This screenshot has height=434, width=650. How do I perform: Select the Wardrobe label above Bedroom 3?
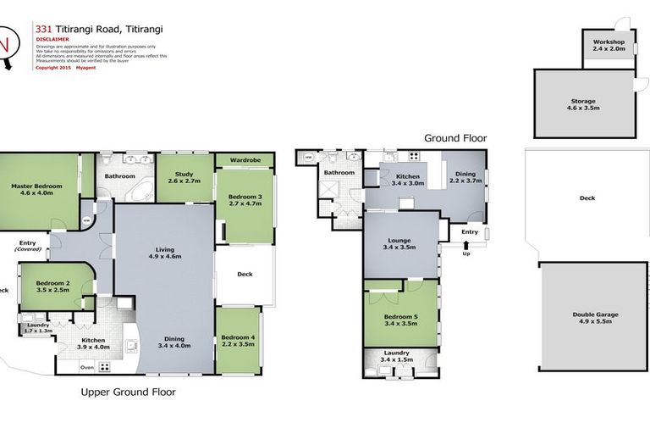pyautogui.click(x=245, y=160)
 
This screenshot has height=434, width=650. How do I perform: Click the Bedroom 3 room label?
pyautogui.click(x=245, y=200)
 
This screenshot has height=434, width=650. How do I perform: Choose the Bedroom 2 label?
pyautogui.click(x=52, y=286)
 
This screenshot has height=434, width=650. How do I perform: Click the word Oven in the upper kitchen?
pyautogui.click(x=87, y=367)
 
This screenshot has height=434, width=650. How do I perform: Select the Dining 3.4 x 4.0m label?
pyautogui.click(x=174, y=342)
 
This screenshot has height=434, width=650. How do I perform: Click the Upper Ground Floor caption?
pyautogui.click(x=128, y=392)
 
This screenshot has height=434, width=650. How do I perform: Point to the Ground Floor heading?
pyautogui.click(x=455, y=138)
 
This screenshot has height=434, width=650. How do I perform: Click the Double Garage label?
pyautogui.click(x=595, y=318)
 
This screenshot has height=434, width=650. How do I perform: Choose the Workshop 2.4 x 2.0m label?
pyautogui.click(x=608, y=45)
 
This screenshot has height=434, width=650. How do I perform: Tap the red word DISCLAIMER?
pyautogui.click(x=52, y=39)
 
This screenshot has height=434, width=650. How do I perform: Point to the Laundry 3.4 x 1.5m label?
pyautogui.click(x=397, y=356)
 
